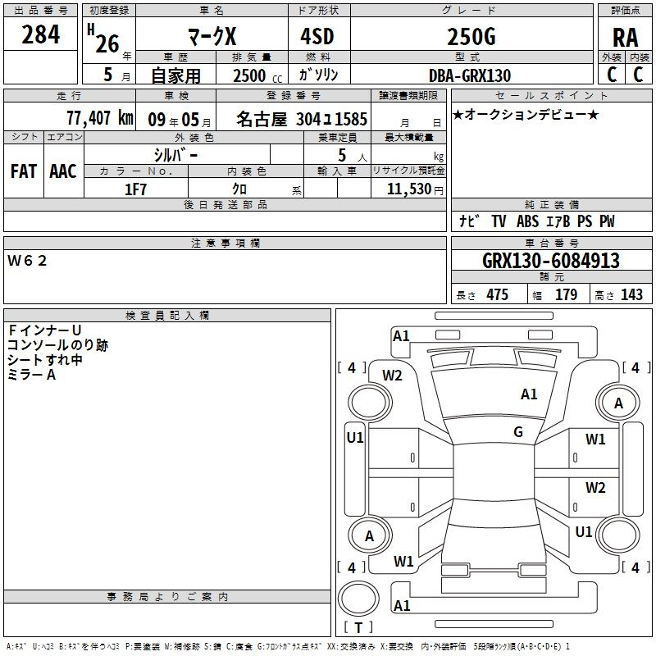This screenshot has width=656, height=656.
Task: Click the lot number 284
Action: click(41, 34)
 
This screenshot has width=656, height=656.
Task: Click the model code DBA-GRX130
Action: click(470, 75)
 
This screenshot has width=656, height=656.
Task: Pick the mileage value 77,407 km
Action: click(99, 117)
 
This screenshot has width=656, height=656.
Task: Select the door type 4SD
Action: click(318, 38)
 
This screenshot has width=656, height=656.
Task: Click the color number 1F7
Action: click(135, 189)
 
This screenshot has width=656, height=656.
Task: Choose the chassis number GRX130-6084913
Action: click(551, 262)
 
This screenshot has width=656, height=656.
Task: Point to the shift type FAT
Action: click(24, 171)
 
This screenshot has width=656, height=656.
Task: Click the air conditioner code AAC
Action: click(63, 171)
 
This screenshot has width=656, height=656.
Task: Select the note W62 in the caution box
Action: click(28, 261)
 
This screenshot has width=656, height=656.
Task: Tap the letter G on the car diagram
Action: click(518, 432)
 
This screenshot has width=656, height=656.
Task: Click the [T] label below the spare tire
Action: click(358, 628)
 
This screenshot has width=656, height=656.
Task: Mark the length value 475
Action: click(497, 295)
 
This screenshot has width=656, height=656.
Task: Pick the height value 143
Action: click(631, 295)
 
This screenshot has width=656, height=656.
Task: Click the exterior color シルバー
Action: click(175, 154)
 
